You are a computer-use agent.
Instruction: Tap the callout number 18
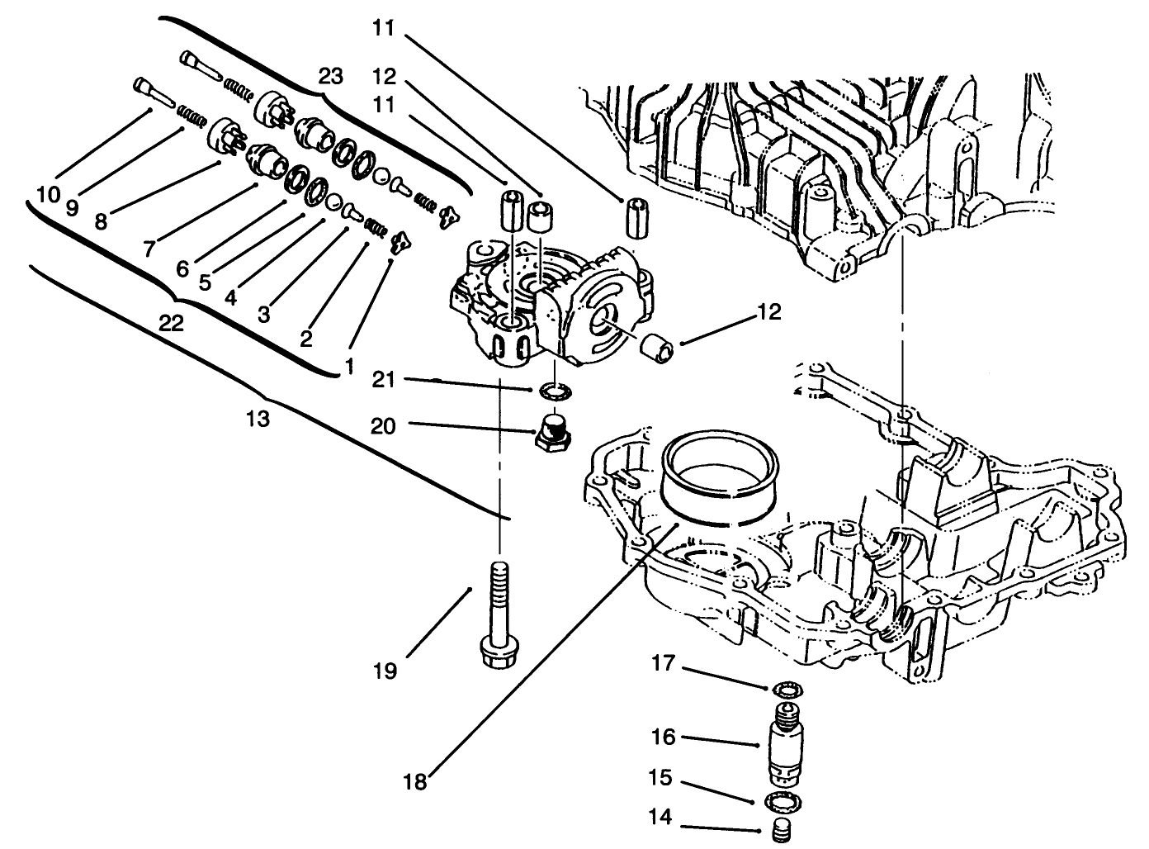coord(416,780)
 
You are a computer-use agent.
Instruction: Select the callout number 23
coord(330,77)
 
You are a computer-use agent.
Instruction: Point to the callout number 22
coord(171,324)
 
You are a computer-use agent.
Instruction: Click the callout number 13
coord(258,419)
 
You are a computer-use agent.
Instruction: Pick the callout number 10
coord(49,195)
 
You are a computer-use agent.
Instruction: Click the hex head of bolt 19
coord(499,650)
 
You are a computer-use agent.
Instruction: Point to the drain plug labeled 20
coord(551,432)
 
